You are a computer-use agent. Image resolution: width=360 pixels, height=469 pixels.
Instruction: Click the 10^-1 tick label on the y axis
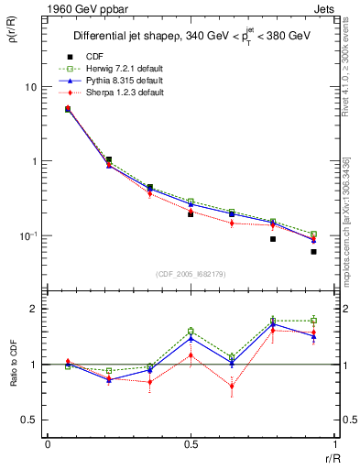click(x=30, y=236)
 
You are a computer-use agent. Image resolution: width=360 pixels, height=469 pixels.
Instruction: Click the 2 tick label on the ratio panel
click(x=36, y=309)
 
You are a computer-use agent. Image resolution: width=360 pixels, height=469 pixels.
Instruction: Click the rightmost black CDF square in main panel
click(x=313, y=252)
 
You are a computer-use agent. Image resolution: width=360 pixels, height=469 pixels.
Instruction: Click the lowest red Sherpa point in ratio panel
click(x=232, y=387)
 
